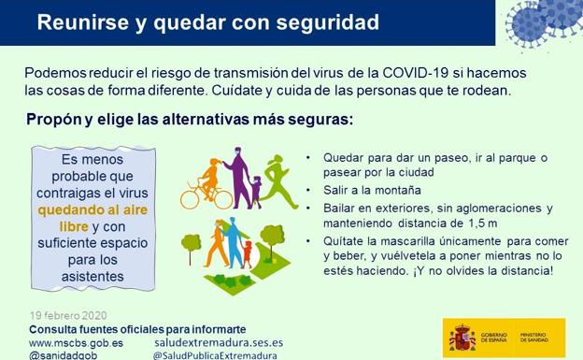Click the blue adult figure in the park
[231, 245]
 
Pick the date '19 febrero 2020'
[67, 315]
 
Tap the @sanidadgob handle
[65, 355]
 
